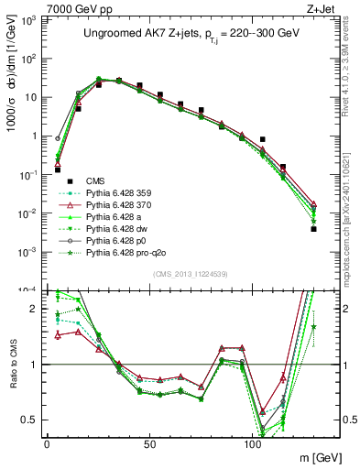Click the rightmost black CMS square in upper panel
point(313,229)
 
